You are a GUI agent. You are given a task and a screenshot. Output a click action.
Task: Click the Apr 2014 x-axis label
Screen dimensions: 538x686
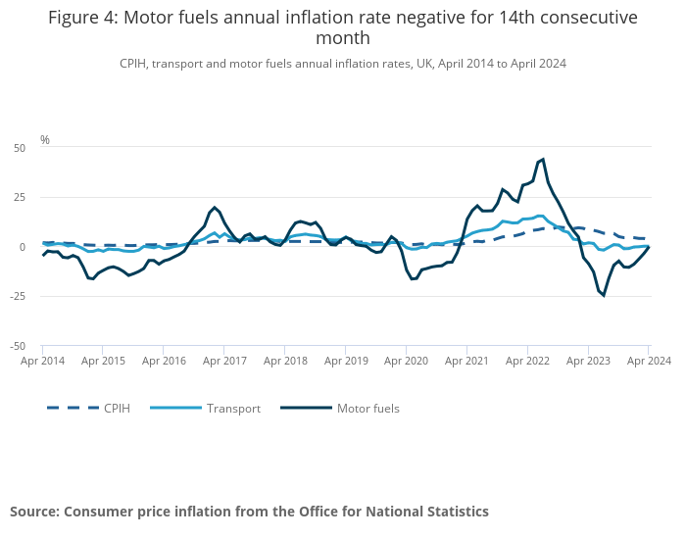coord(42,361)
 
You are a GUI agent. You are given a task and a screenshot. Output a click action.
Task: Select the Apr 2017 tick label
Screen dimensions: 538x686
coord(224,361)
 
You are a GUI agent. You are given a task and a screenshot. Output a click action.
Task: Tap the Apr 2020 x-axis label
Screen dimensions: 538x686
coord(406,361)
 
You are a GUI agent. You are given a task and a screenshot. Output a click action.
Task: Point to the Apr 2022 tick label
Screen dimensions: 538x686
coord(527,361)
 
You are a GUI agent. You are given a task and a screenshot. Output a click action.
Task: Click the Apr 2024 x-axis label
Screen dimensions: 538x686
coord(648,361)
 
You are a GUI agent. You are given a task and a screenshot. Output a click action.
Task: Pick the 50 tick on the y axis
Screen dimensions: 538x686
coord(20,148)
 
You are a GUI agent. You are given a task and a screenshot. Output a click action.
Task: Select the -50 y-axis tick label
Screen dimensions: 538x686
coord(18,346)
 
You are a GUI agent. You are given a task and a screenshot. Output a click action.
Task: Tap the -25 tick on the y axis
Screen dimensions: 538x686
coord(18,296)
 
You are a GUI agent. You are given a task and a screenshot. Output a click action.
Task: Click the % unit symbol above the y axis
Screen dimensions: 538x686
coord(45,140)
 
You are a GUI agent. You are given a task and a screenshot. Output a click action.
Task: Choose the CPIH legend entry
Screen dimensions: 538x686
coord(117,408)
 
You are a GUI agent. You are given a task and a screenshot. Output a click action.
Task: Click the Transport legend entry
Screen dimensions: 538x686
coord(233,408)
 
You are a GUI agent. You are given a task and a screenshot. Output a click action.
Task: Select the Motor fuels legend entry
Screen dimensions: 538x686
coord(367,408)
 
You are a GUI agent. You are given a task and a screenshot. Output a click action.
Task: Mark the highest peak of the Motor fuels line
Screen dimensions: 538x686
coord(543,159)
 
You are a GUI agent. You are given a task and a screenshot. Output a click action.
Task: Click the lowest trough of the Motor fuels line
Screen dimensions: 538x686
coord(604,295)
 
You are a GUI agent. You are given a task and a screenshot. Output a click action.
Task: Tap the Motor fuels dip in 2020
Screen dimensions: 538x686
coord(412,278)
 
